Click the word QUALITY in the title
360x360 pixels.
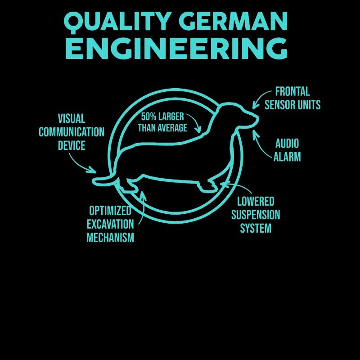(117, 22)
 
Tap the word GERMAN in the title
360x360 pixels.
(234, 21)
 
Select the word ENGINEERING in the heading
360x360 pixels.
(176, 49)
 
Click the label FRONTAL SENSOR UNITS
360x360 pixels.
(292, 98)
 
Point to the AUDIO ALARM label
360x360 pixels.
(287, 150)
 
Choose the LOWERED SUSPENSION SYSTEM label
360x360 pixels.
(256, 215)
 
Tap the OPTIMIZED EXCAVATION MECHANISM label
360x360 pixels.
(110, 224)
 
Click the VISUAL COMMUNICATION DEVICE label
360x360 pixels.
(72, 132)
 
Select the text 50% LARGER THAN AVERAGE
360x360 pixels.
(162, 122)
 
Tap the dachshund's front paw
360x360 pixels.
(208, 187)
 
